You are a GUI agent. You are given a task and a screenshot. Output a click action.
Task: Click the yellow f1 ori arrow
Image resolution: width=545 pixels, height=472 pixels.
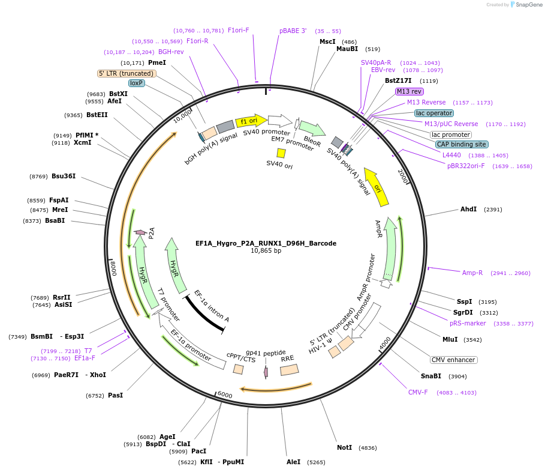pos(251,120)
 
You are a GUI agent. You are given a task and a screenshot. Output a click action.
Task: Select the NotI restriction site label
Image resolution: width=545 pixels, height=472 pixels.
pos(345,447)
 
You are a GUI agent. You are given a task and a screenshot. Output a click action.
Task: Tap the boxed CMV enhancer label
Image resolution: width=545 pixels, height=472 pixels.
pos(454,360)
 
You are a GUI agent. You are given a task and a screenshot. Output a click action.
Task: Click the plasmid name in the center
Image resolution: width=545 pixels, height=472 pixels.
pos(266,243)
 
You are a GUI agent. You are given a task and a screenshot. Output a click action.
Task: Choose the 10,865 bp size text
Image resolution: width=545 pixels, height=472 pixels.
pos(266,251)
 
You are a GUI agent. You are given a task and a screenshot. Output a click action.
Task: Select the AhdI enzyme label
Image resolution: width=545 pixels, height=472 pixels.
pos(468,209)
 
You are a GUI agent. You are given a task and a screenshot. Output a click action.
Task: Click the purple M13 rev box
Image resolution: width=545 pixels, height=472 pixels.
pos(409,91)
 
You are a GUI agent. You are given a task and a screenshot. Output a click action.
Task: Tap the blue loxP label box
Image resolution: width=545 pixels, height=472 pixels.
pos(137,83)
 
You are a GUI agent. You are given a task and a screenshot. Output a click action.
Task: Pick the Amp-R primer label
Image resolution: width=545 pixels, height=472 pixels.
pos(472,273)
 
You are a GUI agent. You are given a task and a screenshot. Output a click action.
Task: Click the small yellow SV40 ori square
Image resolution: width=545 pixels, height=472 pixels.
pos(281,153)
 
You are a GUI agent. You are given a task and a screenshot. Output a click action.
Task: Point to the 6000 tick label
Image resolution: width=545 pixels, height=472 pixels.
pos(225,395)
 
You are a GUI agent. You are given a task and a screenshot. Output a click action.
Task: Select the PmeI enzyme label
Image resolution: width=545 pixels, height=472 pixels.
pos(157,62)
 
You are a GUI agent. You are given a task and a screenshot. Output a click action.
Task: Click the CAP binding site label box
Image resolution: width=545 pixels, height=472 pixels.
pos(461,144)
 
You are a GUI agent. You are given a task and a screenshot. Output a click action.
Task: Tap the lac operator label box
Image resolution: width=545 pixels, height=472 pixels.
pos(434,113)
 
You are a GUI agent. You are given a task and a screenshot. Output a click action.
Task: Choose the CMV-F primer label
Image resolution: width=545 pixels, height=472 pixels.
pos(418,392)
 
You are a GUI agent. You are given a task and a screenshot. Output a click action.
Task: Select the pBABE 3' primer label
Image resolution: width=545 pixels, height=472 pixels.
pos(293,31)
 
